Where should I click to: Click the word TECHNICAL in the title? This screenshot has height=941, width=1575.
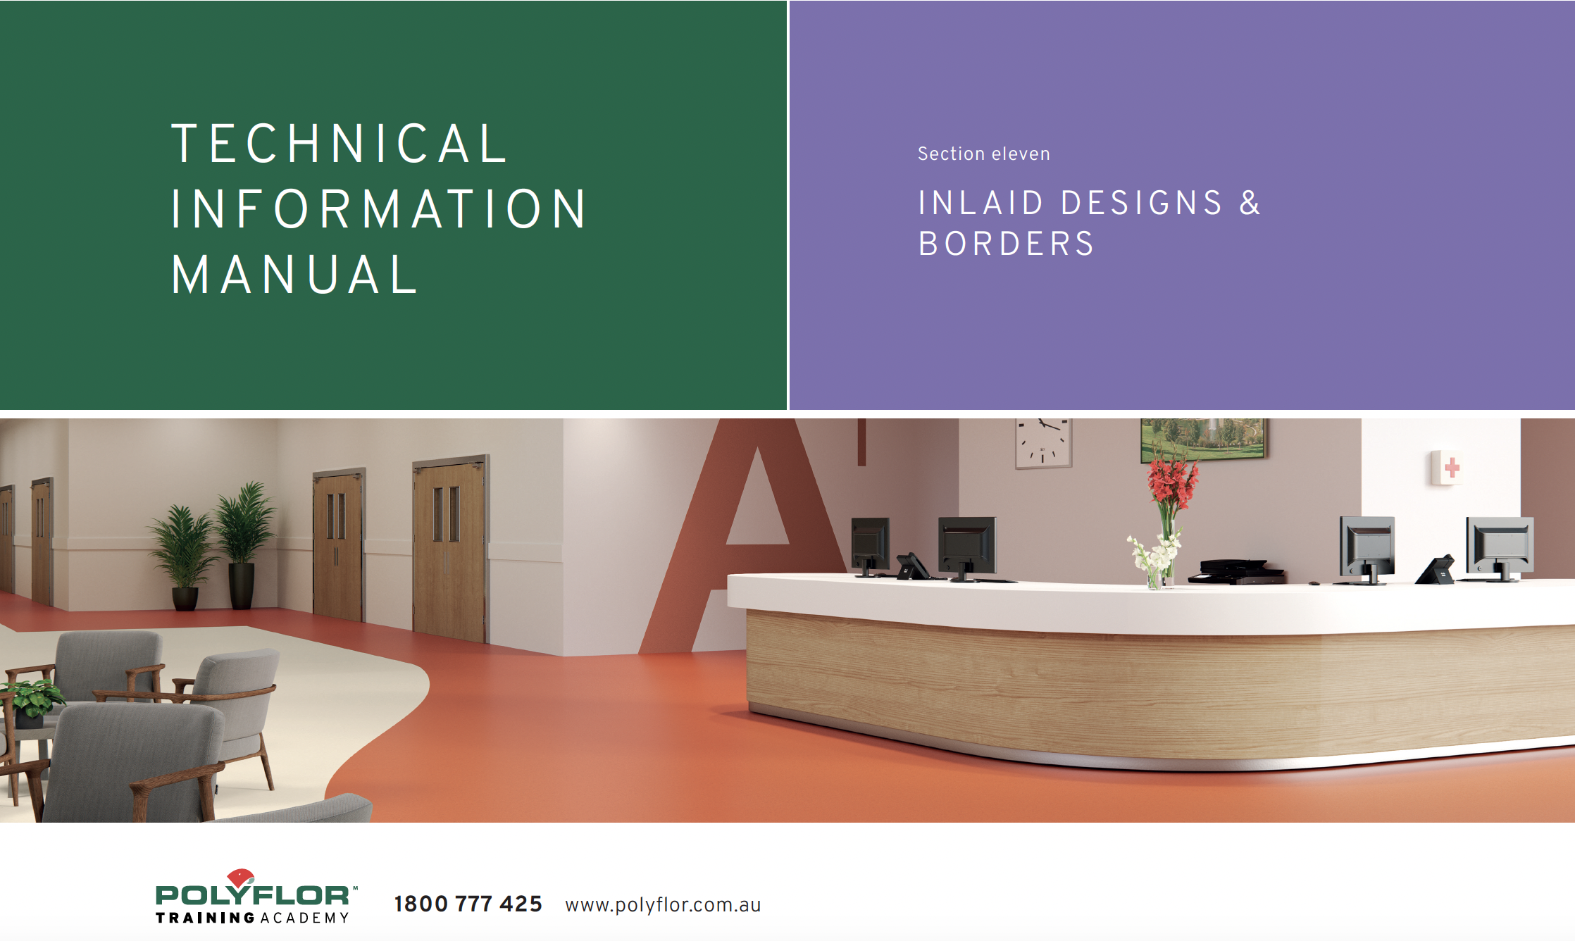[x=339, y=144]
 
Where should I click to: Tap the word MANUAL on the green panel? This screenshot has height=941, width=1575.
[x=294, y=275]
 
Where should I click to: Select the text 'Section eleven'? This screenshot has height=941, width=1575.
[x=983, y=154]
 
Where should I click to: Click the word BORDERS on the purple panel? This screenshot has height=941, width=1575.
[x=1006, y=244]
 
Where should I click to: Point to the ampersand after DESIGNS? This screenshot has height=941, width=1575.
[x=1250, y=203]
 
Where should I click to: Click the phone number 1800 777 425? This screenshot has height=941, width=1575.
[x=468, y=904]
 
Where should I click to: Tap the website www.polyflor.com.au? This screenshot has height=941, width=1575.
[x=663, y=905]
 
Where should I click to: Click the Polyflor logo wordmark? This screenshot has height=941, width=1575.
[x=253, y=895]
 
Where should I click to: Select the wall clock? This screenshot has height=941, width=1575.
[x=1043, y=442]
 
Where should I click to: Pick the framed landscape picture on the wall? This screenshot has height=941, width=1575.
[x=1202, y=440]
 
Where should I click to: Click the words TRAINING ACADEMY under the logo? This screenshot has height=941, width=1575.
[x=253, y=918]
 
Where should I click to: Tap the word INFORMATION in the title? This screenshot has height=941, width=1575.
[x=378, y=209]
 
